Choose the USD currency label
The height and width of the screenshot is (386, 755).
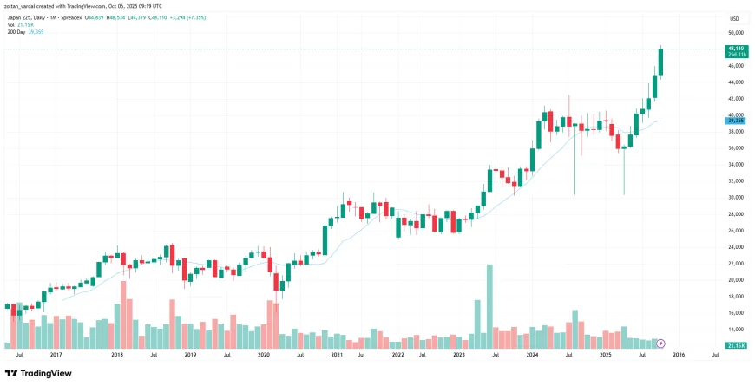(733, 18)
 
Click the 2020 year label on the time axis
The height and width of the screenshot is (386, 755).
(265, 354)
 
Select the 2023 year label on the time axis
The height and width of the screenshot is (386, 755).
(459, 354)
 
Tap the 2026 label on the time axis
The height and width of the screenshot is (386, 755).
(678, 354)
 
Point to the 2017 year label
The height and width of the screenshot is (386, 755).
(56, 354)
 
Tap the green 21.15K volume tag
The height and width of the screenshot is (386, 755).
(734, 345)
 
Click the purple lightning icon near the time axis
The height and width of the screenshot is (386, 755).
(660, 344)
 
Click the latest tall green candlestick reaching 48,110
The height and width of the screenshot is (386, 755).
(660, 61)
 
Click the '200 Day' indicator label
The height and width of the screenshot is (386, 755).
(16, 30)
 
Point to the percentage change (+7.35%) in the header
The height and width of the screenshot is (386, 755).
(192, 17)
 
